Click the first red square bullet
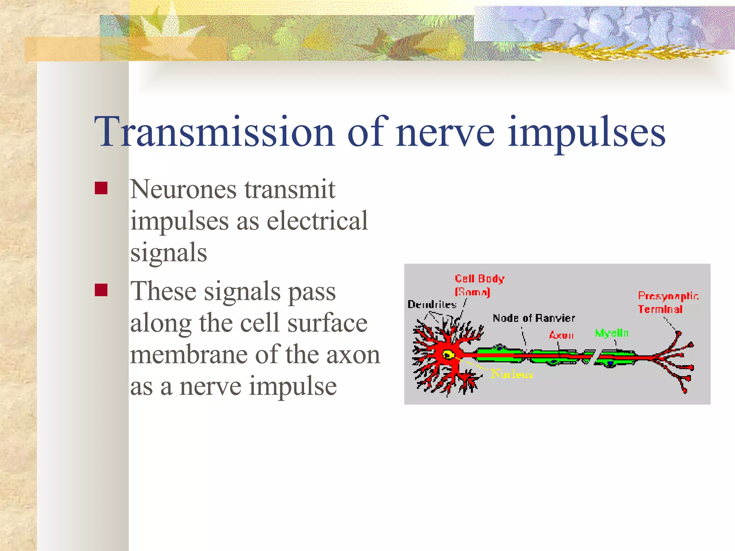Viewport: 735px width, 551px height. pos(101,188)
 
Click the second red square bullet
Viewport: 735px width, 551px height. pos(101,290)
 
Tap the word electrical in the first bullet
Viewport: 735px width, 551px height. pos(317,221)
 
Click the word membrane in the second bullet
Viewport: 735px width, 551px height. pos(189,354)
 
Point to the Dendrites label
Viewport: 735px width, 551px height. pos(432,305)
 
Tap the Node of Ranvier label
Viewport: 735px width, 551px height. pos(534,318)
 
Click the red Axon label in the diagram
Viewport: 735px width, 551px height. pos(561,335)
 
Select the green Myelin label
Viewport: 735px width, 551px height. pos(612,333)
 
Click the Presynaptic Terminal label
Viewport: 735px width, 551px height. pos(668,302)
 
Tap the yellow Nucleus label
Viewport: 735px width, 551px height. pos(512,374)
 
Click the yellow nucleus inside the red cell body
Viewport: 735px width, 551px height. pos(448,355)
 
